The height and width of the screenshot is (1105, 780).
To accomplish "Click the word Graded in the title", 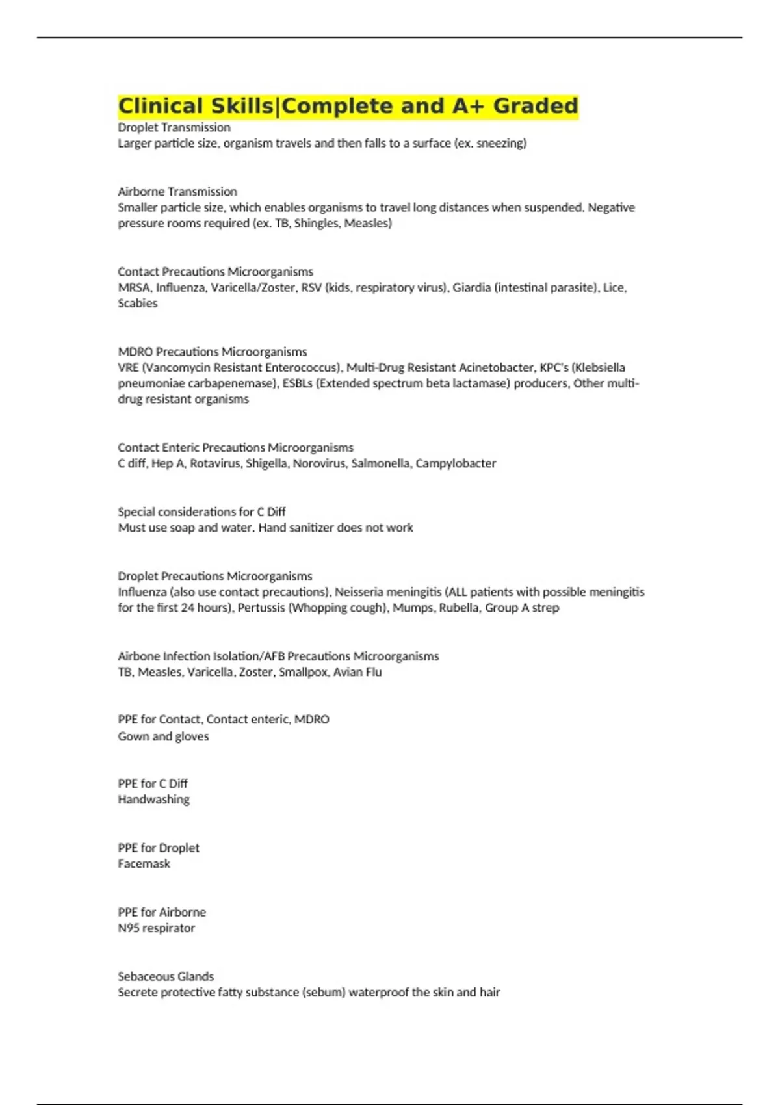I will [535, 106].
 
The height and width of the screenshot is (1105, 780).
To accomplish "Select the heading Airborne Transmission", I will [177, 192].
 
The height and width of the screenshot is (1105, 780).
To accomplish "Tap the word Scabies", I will [138, 303].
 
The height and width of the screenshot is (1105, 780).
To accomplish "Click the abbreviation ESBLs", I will [297, 383].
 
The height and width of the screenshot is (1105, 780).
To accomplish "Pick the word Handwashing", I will [154, 799].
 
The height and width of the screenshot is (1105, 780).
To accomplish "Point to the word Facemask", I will [144, 864].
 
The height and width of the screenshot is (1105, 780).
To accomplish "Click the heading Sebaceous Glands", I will [166, 976].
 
